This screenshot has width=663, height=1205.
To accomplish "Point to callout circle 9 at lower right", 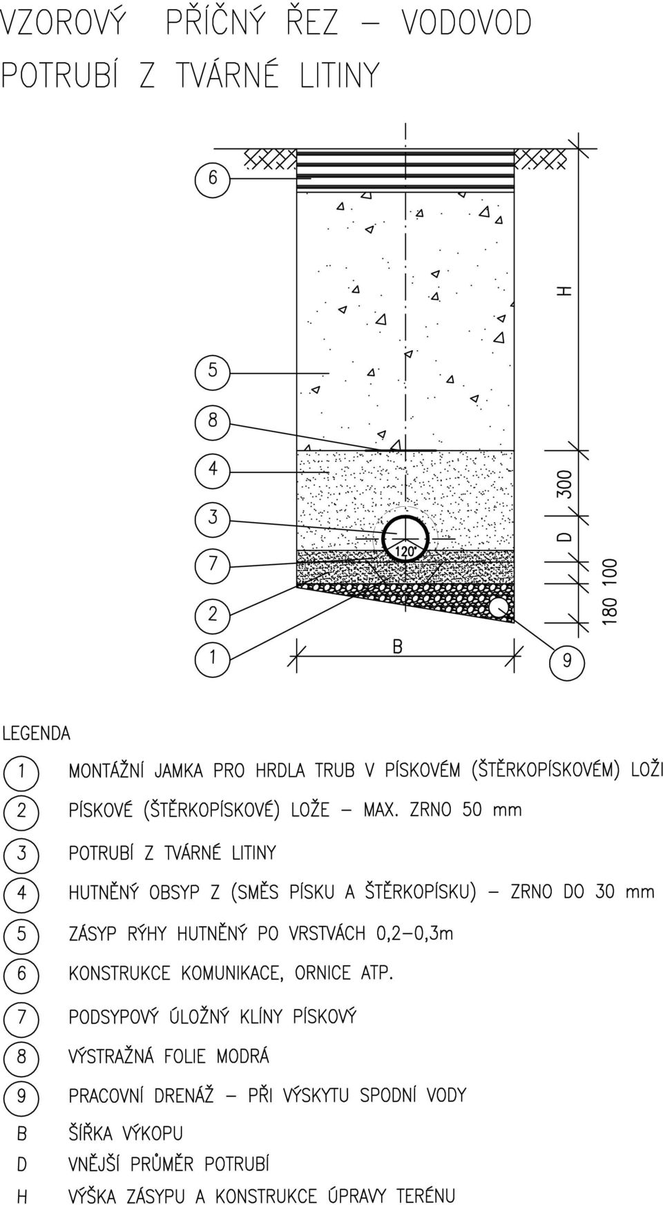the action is click(x=566, y=661).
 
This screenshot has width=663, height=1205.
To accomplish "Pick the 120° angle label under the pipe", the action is click(x=405, y=551).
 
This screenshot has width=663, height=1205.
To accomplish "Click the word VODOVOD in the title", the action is click(x=467, y=23).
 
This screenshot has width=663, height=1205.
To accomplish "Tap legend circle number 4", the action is click(x=21, y=893).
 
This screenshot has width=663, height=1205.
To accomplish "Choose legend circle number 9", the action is click(x=21, y=1096).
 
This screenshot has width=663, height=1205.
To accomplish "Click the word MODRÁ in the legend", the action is click(x=243, y=1057).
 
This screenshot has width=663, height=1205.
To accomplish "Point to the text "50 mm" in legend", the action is click(x=492, y=809).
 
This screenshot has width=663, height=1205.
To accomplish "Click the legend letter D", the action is click(x=22, y=1164).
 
